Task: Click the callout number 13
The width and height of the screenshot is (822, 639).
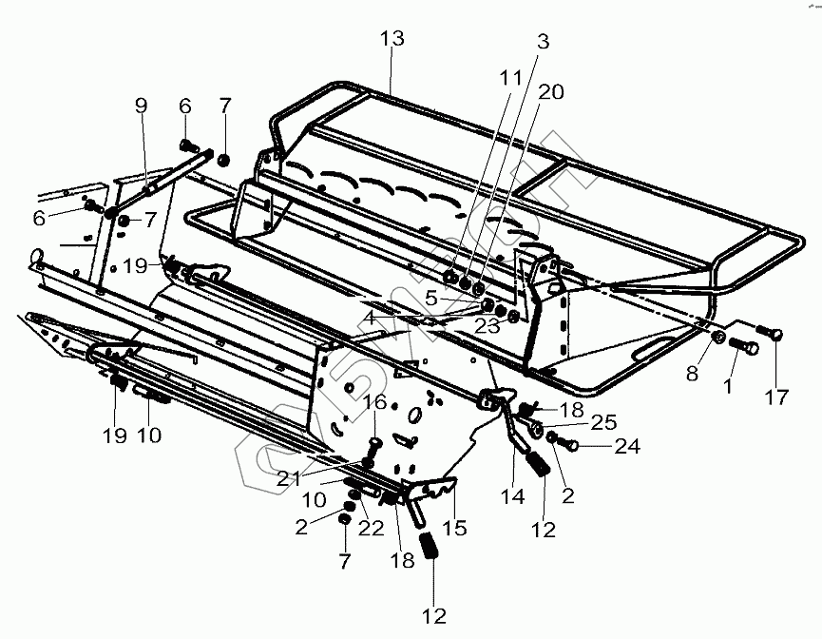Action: point(392,39)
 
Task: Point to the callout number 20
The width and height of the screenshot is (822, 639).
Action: point(552,92)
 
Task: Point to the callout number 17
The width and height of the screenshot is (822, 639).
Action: point(777,397)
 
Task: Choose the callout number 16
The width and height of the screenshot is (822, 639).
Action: point(376,403)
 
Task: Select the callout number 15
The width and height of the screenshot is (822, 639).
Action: point(456,526)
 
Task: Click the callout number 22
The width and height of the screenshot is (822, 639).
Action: point(371,526)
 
